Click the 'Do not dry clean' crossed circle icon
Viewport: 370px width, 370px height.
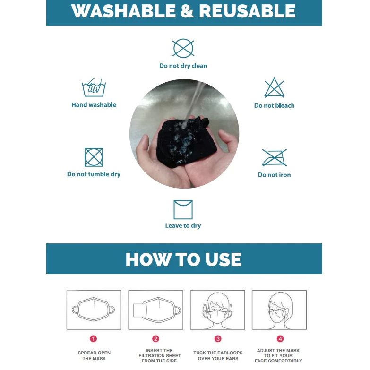(183, 48)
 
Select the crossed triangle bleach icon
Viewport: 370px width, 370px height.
(274, 88)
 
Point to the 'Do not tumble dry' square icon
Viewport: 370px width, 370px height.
(94, 157)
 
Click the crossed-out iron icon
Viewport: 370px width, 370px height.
(274, 158)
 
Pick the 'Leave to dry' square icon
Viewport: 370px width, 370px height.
(183, 210)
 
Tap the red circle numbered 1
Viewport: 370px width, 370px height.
(94, 339)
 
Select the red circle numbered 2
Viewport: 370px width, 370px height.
(155, 339)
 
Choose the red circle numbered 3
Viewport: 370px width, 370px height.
(218, 339)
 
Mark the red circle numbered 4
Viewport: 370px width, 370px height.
(280, 339)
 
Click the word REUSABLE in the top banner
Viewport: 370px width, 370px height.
(247, 11)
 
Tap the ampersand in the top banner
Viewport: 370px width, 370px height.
(187, 11)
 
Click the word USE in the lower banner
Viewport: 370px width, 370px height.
(223, 259)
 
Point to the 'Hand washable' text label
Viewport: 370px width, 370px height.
(94, 105)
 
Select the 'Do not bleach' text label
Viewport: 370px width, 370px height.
(274, 105)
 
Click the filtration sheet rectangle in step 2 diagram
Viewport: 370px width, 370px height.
(140, 310)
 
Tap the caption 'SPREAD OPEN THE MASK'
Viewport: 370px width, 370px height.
(94, 356)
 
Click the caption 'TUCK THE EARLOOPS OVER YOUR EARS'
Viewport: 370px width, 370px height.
(218, 356)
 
